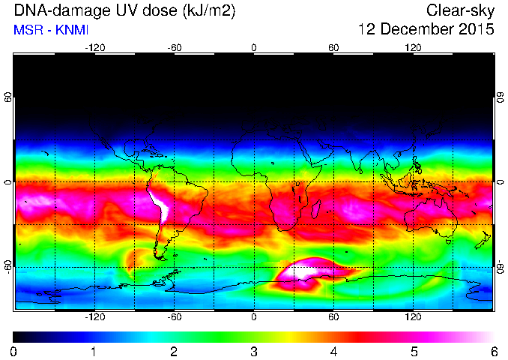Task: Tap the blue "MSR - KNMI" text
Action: (x=51, y=30)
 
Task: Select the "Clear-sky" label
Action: (x=460, y=10)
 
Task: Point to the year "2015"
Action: (x=477, y=28)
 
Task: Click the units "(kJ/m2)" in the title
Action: (x=209, y=11)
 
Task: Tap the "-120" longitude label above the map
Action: (x=95, y=48)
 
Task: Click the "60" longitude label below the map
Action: (x=333, y=316)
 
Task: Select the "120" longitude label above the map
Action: (x=413, y=48)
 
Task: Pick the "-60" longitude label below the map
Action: (x=175, y=316)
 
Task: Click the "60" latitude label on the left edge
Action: (x=7, y=97)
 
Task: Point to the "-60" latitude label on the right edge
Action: (x=501, y=267)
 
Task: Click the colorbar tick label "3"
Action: (x=254, y=352)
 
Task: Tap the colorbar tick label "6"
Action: (x=494, y=352)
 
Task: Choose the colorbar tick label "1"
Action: (x=94, y=352)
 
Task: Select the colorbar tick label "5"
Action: (x=414, y=352)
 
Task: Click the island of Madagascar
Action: (x=316, y=209)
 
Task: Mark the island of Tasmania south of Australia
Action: (x=448, y=241)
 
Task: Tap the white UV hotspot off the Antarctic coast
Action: (x=308, y=271)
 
